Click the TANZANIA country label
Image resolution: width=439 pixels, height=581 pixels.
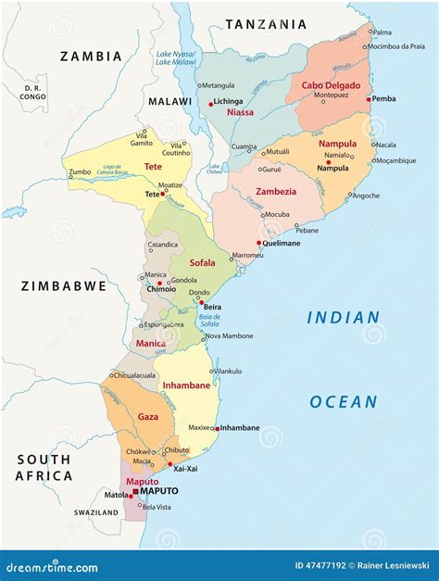tap(265, 24)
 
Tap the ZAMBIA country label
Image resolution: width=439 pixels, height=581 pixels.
tap(91, 57)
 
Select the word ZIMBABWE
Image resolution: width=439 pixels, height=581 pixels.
tap(64, 286)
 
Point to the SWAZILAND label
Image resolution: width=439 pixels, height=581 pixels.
tap(97, 512)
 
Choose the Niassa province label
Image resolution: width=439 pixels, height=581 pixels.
tap(240, 113)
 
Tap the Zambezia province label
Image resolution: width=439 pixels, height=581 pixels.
tap(276, 192)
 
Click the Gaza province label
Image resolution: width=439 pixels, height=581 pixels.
tap(148, 417)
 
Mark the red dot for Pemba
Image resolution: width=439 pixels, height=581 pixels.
tap(368, 99)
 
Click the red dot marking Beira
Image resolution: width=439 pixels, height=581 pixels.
tap(201, 302)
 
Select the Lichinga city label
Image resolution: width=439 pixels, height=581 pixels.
tap(228, 101)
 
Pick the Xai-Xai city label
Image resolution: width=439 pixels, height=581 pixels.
tap(184, 468)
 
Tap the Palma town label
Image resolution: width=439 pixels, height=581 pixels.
tap(382, 32)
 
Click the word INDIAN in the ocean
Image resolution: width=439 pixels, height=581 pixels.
tap(344, 317)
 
